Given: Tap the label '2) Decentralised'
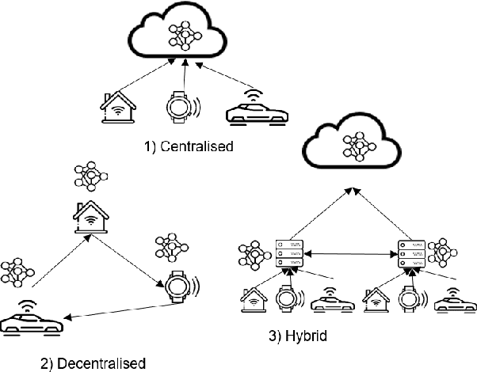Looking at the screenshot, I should [x=93, y=363].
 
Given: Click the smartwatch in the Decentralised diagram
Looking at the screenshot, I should [x=180, y=284].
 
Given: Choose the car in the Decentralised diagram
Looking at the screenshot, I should [x=30, y=321].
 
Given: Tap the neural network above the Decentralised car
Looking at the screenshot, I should [x=16, y=271].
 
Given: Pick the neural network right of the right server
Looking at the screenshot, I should [x=443, y=253].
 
